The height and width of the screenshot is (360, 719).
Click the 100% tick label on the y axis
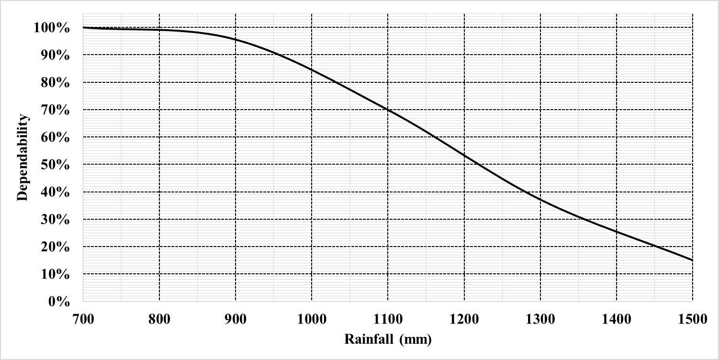[52, 28]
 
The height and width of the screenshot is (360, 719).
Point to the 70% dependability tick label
[55, 110]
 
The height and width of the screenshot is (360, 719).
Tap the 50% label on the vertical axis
[55, 165]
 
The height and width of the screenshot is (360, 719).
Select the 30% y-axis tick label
[55, 220]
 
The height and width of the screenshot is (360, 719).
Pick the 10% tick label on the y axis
[55, 275]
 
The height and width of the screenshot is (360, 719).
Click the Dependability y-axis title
[22, 158]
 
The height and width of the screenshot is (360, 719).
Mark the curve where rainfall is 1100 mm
[388, 110]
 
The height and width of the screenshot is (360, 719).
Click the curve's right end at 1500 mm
[692, 260]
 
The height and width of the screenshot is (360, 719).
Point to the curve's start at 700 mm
[83, 27]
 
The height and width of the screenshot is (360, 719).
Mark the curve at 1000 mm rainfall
[312, 70]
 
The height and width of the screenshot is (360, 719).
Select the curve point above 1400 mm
[616, 232]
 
